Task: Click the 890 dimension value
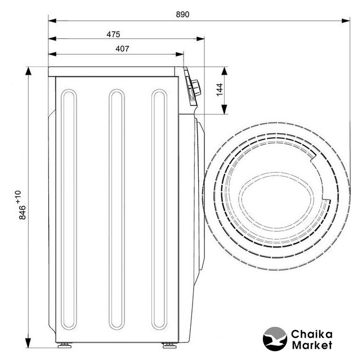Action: pyautogui.click(x=182, y=14)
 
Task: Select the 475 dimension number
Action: pyautogui.click(x=113, y=34)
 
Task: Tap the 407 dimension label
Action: pyautogui.click(x=122, y=49)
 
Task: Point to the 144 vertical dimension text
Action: pyautogui.click(x=220, y=89)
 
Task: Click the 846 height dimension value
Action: pyautogui.click(x=23, y=212)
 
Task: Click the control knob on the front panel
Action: pyautogui.click(x=196, y=88)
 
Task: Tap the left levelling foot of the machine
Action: pyautogui.click(x=65, y=345)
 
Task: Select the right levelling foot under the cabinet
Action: pyautogui.click(x=169, y=345)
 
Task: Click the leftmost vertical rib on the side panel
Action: pyautogui.click(x=69, y=209)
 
